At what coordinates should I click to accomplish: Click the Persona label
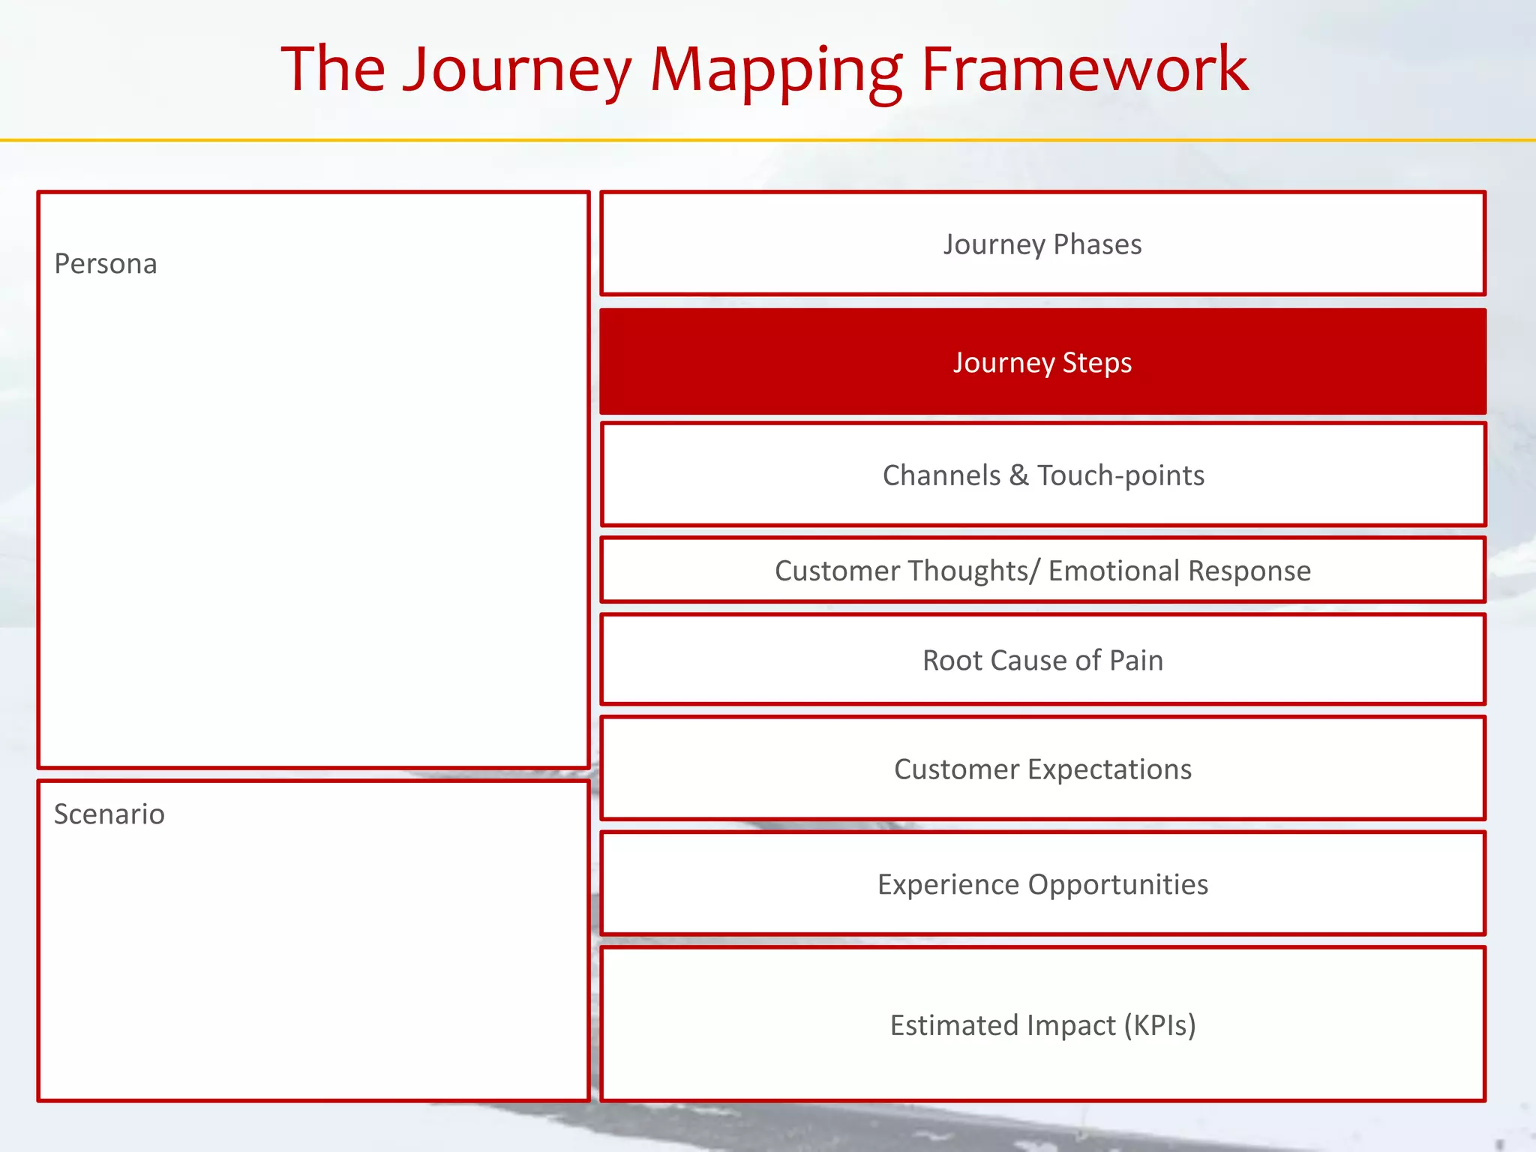[x=106, y=264]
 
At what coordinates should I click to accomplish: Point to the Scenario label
[x=109, y=814]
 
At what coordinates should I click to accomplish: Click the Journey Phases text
[x=1042, y=244]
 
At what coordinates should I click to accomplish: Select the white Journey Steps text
[x=1042, y=362]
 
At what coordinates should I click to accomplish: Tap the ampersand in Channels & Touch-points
[x=1018, y=475]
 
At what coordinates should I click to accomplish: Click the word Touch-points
[x=1121, y=475]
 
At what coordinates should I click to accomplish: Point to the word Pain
[x=1136, y=661]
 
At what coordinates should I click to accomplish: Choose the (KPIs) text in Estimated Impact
[x=1159, y=1025]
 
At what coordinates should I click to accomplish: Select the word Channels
[x=941, y=475]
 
